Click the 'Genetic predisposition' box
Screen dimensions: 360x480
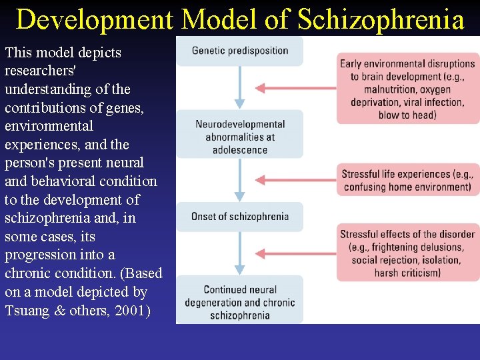point(240,51)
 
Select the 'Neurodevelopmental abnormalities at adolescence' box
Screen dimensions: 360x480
point(240,137)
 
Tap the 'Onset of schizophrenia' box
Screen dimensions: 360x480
point(240,217)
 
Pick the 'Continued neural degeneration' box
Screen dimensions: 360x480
point(240,302)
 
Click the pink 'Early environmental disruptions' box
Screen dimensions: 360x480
point(407,89)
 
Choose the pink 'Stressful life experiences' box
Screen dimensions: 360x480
point(407,181)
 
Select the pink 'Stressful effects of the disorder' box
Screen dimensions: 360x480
point(407,253)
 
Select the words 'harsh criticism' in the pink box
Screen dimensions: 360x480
point(407,273)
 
